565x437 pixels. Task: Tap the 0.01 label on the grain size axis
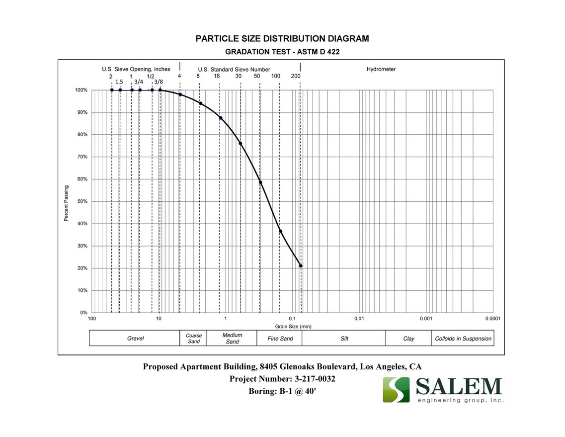click(359, 318)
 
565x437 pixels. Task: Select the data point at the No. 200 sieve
click(301, 265)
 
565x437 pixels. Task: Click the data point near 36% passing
click(281, 231)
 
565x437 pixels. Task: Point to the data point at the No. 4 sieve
click(180, 94)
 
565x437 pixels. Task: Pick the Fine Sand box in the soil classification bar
click(280, 339)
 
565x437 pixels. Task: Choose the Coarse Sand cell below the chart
click(194, 339)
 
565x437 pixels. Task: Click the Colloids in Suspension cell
click(463, 339)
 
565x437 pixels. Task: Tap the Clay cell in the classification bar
click(408, 339)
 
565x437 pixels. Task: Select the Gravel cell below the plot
click(135, 339)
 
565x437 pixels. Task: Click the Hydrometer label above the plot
click(381, 70)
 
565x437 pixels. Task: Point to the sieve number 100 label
click(276, 76)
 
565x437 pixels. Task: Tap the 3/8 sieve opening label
click(158, 82)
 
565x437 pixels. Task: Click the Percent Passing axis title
click(66, 203)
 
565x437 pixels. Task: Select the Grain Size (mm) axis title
click(293, 327)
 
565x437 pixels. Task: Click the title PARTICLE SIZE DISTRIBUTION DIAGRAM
click(282, 39)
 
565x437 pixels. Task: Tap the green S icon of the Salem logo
click(396, 390)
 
